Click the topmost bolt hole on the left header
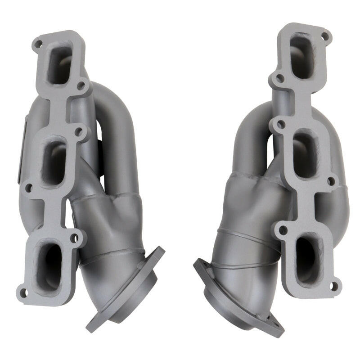pos(39,44)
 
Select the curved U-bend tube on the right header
pos(252,130)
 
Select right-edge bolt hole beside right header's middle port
pos(332,181)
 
